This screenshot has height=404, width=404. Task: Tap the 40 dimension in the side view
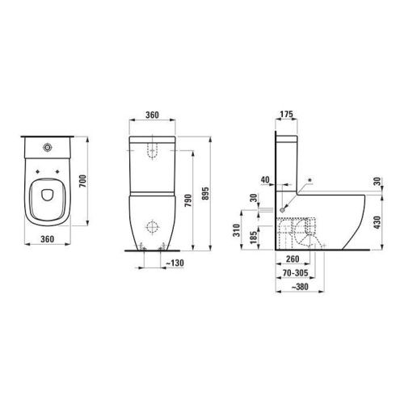pyautogui.click(x=267, y=179)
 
